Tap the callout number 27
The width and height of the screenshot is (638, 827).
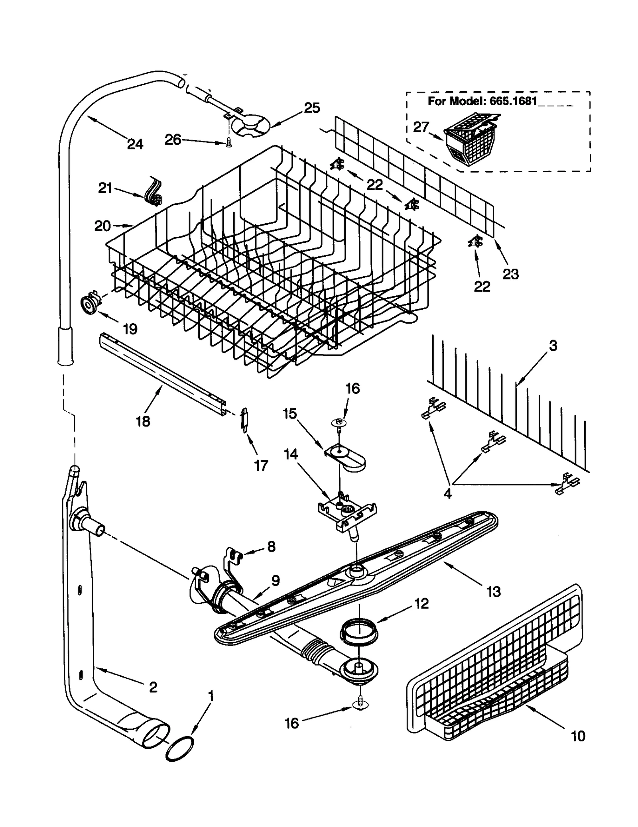(x=420, y=127)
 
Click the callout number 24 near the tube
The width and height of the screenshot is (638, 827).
(x=135, y=144)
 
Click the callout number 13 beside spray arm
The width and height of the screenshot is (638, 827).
(x=494, y=591)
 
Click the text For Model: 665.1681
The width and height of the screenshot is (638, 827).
(x=482, y=101)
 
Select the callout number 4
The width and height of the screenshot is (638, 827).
(x=447, y=493)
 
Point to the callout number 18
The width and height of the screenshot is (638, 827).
(x=143, y=421)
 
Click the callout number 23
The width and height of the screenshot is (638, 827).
(x=510, y=274)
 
